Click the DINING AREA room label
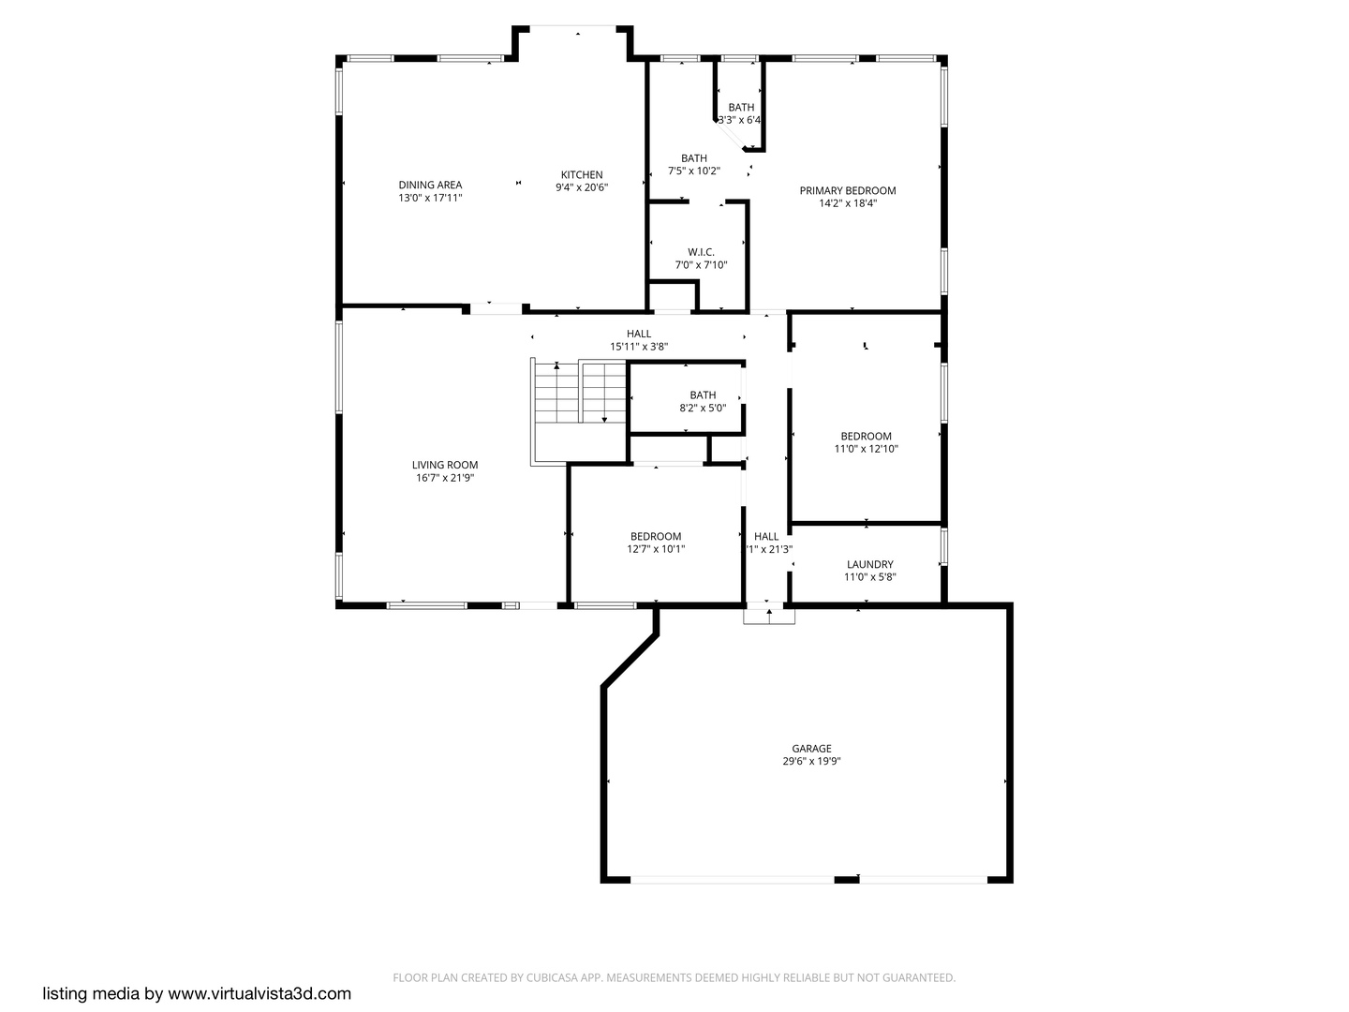coord(430,185)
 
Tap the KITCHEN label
coord(582,174)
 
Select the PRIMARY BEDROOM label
coord(847,190)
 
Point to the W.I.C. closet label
coord(701,252)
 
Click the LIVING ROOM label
coord(445,465)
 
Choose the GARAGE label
coord(811,749)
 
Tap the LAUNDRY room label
coord(869,564)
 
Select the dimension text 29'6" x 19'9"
coord(811,762)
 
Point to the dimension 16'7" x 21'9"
coord(445,478)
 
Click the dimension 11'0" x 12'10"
coord(866,449)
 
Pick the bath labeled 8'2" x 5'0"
coord(703,395)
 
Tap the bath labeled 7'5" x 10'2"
coord(693,158)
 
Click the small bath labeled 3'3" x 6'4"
coord(741,108)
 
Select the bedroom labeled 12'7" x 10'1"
coord(656,537)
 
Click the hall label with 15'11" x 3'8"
coord(639,334)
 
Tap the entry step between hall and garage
coord(769,615)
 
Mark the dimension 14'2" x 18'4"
coord(847,203)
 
